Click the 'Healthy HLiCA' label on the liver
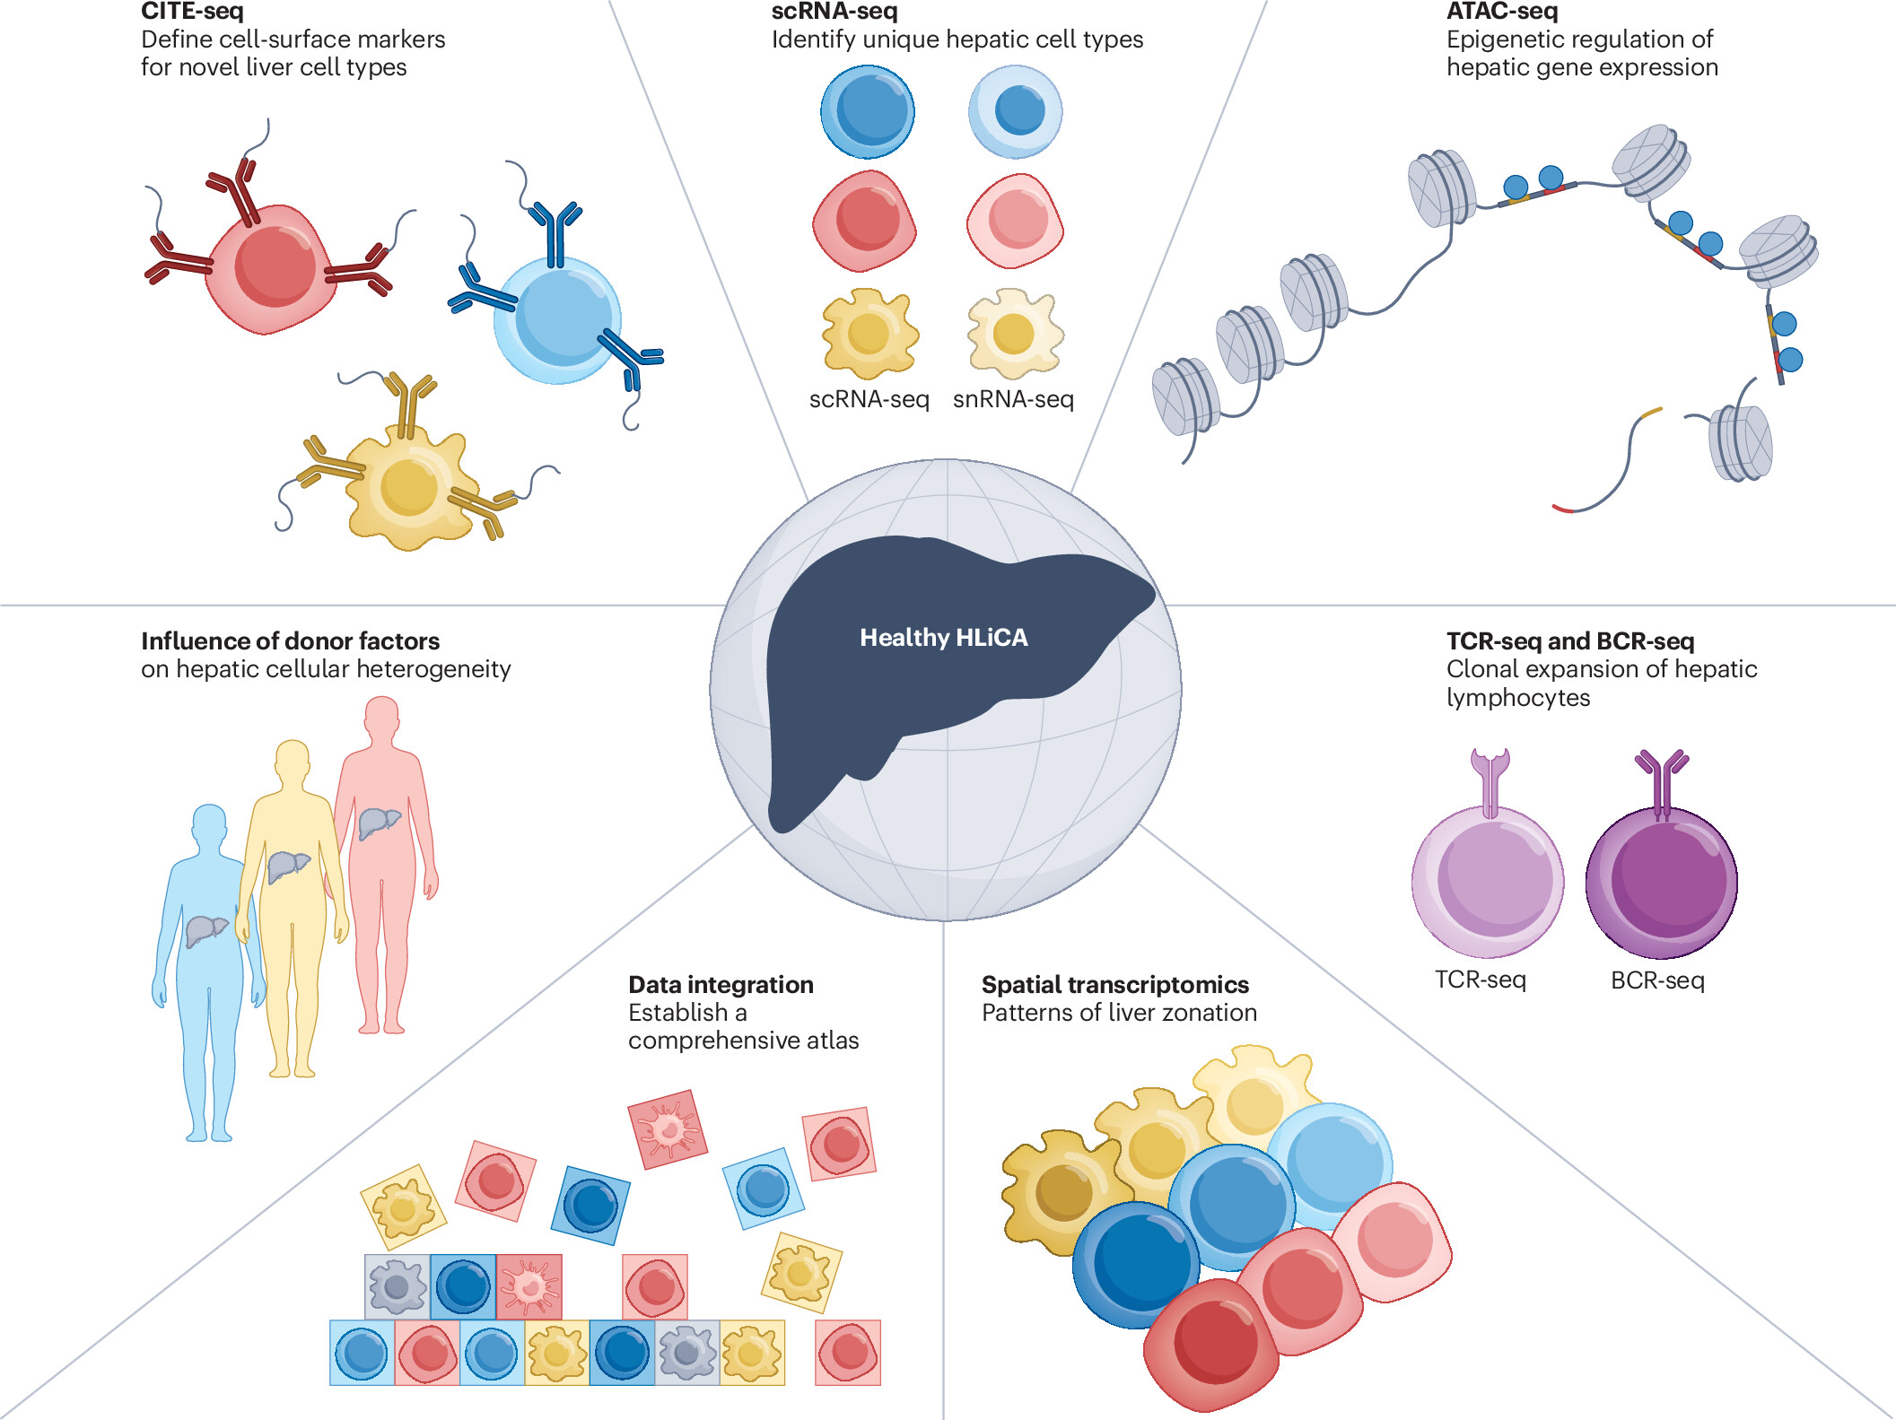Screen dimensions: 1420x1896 coord(943,638)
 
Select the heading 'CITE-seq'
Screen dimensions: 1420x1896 coord(192,12)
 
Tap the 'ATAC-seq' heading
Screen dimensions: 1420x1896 coord(1501,12)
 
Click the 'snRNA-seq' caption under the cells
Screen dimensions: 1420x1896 coord(1013,399)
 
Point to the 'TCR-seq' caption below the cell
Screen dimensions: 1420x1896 coord(1480,980)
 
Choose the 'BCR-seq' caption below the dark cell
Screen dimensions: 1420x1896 coord(1657,980)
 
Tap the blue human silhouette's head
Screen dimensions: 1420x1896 coord(209,823)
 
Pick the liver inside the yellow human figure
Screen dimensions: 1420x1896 coord(287,866)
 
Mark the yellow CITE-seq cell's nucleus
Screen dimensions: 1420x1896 coord(409,487)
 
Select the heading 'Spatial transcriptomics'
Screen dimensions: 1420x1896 coord(1114,985)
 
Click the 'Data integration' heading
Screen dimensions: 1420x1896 coord(721,985)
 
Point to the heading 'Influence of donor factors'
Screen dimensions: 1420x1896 coord(290,641)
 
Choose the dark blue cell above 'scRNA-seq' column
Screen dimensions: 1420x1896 coord(868,112)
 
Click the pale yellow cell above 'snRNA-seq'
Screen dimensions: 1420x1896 coord(1015,334)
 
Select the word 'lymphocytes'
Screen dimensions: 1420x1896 coord(1517,698)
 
